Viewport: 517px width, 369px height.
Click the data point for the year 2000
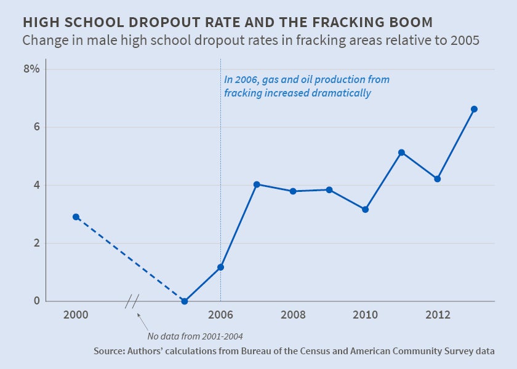tap(76, 216)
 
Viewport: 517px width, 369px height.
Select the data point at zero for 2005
tap(185, 301)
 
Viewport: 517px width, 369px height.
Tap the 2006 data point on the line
tap(220, 267)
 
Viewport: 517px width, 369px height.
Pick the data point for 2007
tap(257, 184)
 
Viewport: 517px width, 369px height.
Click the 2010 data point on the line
tap(365, 210)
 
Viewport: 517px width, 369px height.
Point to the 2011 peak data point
tap(401, 153)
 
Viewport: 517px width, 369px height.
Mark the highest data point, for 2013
tap(474, 109)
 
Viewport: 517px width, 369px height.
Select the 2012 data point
tap(438, 179)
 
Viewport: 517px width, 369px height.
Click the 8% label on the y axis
tap(31, 69)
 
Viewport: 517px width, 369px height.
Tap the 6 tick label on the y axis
tap(36, 127)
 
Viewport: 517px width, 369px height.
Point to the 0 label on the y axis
tap(36, 301)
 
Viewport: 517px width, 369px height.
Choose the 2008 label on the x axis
tap(293, 315)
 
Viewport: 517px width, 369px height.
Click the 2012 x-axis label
tap(438, 315)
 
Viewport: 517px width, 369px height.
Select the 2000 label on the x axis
tap(76, 315)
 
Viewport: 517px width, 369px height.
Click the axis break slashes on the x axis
tap(132, 301)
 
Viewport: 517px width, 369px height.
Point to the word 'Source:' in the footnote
tap(110, 351)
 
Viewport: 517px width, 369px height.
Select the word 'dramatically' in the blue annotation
tap(342, 93)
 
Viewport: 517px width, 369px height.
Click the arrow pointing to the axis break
tap(143, 321)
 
